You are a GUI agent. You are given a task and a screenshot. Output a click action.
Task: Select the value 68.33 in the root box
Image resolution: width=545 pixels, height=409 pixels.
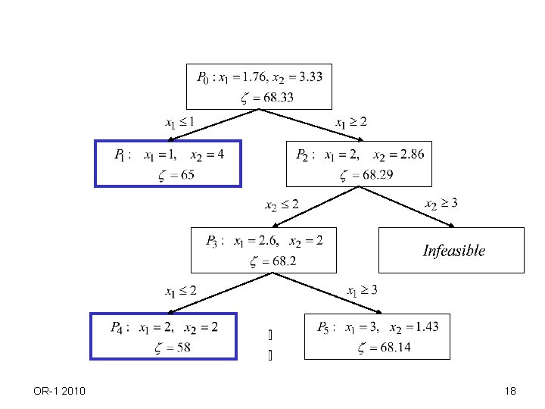277,98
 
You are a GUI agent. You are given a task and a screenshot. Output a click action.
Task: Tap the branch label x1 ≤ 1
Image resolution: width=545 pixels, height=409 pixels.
179,121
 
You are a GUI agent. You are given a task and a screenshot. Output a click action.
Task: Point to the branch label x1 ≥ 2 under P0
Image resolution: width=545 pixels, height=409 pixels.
351,121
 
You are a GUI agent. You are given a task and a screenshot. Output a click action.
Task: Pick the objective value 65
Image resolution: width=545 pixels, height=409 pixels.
186,175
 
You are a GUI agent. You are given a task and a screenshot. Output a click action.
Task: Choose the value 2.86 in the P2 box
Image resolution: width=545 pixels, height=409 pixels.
410,155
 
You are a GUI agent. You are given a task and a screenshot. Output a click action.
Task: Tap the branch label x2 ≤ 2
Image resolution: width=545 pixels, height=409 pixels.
282,204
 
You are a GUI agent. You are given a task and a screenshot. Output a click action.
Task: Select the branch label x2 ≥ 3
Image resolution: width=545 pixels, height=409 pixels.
441,204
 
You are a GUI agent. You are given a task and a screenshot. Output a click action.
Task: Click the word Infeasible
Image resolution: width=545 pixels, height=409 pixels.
453,251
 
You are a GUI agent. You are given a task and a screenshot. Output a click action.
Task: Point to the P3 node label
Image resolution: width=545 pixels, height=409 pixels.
213,242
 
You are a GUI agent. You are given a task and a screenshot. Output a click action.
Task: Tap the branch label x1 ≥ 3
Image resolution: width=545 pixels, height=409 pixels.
362,291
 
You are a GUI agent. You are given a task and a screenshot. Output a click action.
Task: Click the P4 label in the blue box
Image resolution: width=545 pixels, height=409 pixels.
118,328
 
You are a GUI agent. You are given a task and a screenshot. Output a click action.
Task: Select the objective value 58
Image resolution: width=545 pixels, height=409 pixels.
182,348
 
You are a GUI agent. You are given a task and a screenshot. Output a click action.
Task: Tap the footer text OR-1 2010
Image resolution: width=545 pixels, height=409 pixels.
60,391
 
